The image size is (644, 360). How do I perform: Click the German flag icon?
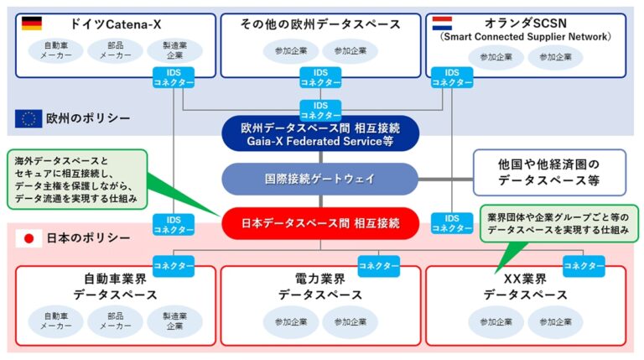(x=32, y=23)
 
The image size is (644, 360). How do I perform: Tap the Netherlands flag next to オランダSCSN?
(x=442, y=23)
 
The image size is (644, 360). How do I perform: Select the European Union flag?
(x=29, y=118)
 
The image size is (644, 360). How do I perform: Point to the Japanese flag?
(x=29, y=238)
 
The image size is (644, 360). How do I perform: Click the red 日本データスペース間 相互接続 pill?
(x=320, y=223)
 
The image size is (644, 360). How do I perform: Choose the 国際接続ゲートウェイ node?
(x=320, y=179)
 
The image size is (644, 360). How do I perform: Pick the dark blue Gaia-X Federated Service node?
(x=320, y=134)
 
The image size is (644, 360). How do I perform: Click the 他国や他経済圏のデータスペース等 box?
(x=549, y=172)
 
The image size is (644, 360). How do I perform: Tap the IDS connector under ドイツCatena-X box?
(x=174, y=78)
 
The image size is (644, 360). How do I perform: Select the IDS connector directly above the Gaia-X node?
(x=320, y=110)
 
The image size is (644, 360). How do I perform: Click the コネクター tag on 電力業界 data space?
(x=379, y=266)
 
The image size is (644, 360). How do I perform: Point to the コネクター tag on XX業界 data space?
(x=584, y=266)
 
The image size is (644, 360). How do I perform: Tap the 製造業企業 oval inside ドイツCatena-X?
(x=174, y=50)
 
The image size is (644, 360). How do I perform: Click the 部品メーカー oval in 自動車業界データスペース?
(x=116, y=321)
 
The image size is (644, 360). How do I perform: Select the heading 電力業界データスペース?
(x=320, y=287)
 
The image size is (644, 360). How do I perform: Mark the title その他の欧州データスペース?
(x=320, y=24)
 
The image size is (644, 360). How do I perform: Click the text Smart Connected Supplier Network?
(x=525, y=37)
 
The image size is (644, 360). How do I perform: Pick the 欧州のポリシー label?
(x=88, y=118)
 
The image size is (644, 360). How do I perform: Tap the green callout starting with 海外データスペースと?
(x=77, y=180)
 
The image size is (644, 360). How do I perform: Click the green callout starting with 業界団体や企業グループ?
(x=559, y=223)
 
